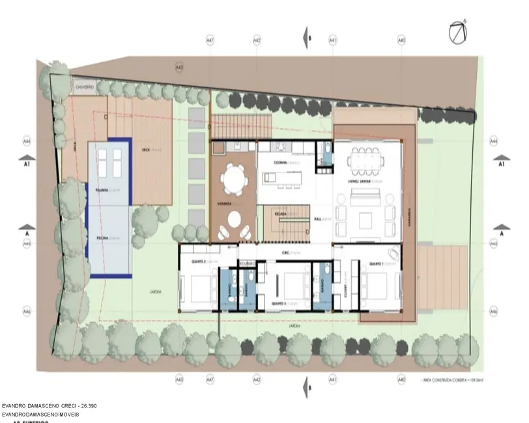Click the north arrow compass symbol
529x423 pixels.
(x=459, y=30)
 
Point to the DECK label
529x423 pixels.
(x=147, y=150)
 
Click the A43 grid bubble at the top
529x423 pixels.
(x=180, y=67)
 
